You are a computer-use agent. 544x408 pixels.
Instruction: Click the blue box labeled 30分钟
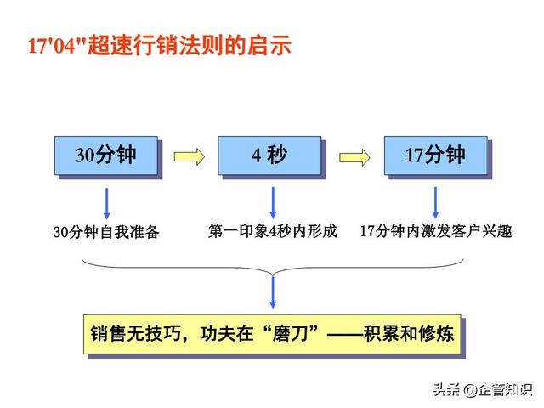click(x=106, y=156)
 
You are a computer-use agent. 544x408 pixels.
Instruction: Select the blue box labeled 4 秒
click(x=269, y=156)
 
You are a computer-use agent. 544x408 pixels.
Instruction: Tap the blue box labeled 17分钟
click(x=436, y=156)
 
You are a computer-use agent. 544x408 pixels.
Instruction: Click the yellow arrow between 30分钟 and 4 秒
click(x=189, y=156)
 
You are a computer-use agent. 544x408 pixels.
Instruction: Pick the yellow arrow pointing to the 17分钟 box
click(x=354, y=157)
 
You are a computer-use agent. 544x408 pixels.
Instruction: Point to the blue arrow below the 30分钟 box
click(x=106, y=204)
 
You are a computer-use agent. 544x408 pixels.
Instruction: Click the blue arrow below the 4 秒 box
click(x=273, y=202)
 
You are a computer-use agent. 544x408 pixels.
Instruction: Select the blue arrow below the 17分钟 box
click(x=435, y=202)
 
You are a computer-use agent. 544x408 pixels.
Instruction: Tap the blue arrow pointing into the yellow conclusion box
click(x=273, y=292)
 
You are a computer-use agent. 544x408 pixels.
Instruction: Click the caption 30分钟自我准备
click(x=106, y=232)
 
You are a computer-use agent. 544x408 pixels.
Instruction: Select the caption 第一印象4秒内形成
click(x=273, y=231)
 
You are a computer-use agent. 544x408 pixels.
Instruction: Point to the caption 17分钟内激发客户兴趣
click(x=436, y=231)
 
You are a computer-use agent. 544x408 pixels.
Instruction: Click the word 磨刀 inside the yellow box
click(x=290, y=333)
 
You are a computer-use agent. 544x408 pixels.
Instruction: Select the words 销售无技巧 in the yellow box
click(x=136, y=333)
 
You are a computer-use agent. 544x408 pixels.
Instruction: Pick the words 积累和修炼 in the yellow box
click(x=408, y=333)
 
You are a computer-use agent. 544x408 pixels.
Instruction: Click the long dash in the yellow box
click(x=344, y=334)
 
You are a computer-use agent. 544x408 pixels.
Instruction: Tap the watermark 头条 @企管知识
click(x=483, y=389)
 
